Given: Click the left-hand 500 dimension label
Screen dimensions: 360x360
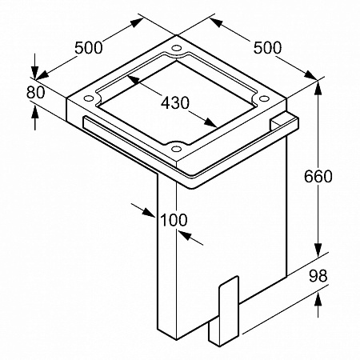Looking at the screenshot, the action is [88, 48].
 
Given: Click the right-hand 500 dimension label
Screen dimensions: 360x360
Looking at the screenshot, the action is [267, 48].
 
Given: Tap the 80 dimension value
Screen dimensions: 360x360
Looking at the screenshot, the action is [35, 93].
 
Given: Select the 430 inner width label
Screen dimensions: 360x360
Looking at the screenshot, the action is [175, 102].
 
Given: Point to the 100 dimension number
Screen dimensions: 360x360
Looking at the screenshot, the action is [174, 220].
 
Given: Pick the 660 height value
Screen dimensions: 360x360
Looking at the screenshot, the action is [318, 176].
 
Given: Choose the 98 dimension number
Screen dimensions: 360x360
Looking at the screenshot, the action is [318, 276].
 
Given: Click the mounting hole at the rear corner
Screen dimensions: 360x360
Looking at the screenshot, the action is [176, 48].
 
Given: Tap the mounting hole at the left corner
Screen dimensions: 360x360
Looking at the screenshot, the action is [87, 98].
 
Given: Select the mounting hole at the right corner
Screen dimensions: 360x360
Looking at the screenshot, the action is [264, 98].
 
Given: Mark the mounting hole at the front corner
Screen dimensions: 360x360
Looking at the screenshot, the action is [176, 149].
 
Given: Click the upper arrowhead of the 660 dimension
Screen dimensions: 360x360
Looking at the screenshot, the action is [318, 87].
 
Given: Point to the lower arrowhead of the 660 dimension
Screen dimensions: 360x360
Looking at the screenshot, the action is [318, 250].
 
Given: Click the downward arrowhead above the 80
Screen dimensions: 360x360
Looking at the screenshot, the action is [35, 72].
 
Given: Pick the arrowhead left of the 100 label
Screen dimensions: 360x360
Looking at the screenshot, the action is [148, 213].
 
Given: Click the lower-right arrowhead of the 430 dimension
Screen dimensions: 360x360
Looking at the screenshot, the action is [210, 122].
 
